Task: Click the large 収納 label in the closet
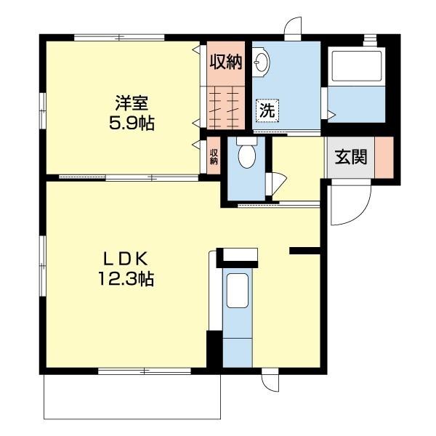225,61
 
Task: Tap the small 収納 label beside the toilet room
214,156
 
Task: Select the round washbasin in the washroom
262,65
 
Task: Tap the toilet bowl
247,155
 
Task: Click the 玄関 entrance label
350,156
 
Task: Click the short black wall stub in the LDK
304,251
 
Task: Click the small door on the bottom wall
270,381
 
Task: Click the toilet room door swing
275,183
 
